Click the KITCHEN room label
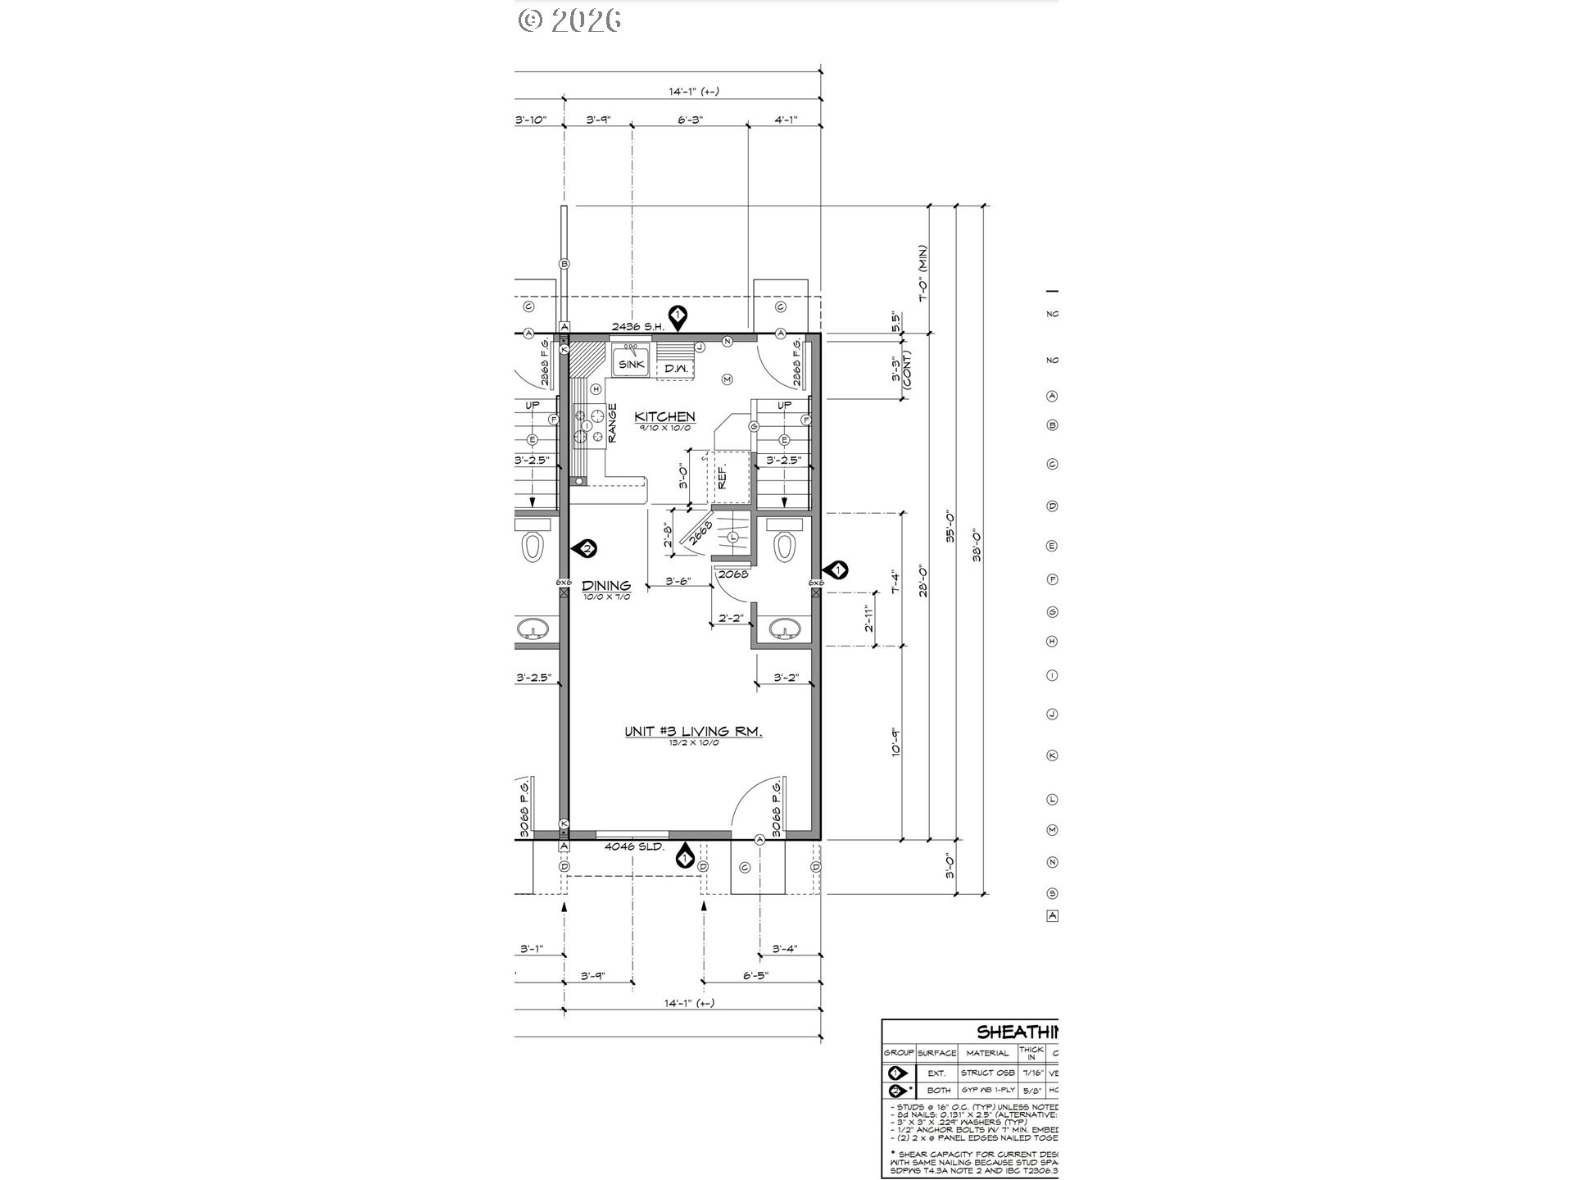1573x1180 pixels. [665, 417]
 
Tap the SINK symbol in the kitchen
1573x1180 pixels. [631, 365]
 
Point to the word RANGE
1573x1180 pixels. [612, 424]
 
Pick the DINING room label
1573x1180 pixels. [606, 585]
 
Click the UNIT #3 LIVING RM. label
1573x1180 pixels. [693, 732]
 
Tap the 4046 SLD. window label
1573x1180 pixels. [635, 846]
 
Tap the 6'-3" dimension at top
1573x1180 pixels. [691, 120]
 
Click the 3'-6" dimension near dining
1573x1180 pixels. [678, 581]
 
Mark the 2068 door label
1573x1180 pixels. [733, 574]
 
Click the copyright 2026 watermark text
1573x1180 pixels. [569, 20]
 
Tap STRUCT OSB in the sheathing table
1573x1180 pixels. [987, 1073]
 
